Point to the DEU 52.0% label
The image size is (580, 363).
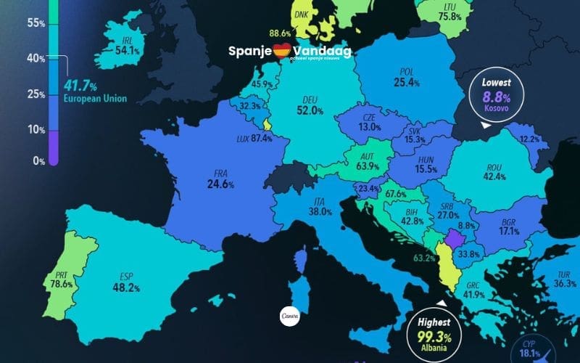click(310, 106)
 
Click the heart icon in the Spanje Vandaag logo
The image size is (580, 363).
click(281, 51)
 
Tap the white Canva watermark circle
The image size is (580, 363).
click(290, 316)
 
